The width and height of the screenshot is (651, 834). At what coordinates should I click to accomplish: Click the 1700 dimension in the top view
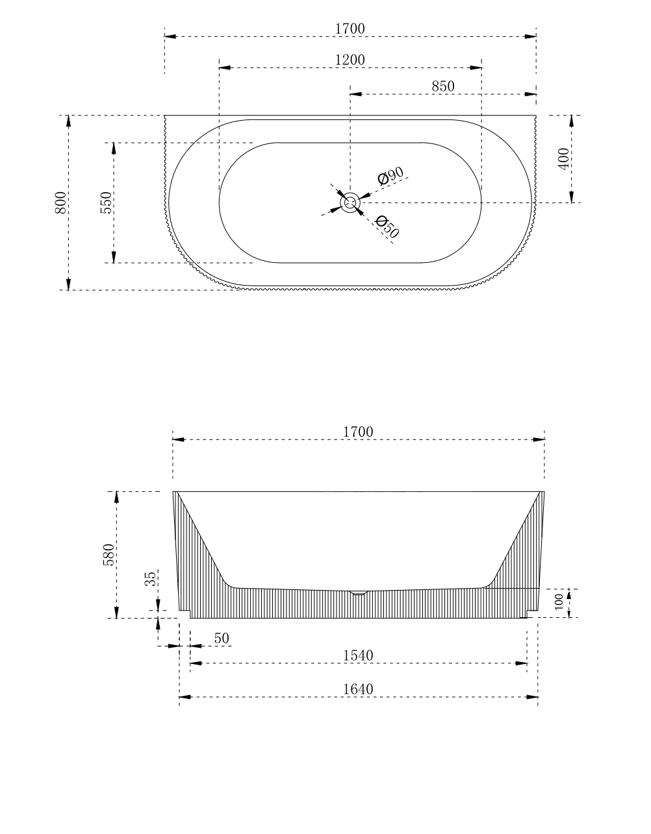[x=350, y=29]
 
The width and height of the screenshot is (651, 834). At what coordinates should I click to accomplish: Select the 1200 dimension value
[x=350, y=60]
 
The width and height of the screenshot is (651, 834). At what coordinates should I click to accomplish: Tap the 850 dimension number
[x=442, y=86]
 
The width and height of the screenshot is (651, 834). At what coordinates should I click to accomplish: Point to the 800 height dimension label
[x=60, y=202]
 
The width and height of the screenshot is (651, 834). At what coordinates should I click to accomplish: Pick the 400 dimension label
[x=563, y=159]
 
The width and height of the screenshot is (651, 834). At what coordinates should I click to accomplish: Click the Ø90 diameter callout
[x=391, y=175]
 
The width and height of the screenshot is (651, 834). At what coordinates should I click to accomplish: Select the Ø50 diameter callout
[x=387, y=227]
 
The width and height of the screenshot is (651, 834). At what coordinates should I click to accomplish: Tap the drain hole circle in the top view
[x=350, y=202]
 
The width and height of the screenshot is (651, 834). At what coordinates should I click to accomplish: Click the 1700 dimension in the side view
[x=358, y=432]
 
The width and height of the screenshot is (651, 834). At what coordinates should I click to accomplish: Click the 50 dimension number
[x=222, y=639]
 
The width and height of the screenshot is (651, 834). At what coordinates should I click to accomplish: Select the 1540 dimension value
[x=358, y=656]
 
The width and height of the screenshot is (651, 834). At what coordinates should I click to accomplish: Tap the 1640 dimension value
[x=358, y=689]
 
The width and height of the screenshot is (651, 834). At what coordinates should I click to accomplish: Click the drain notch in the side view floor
[x=359, y=593]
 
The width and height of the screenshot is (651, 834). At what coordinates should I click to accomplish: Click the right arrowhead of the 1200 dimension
[x=477, y=67]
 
